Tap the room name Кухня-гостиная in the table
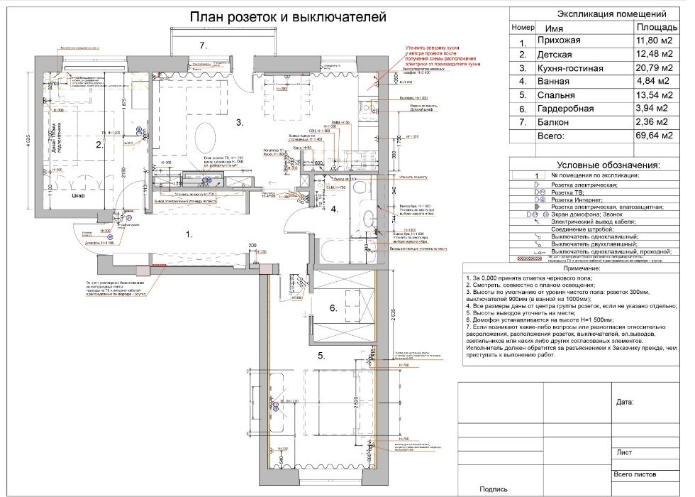[x=570, y=68]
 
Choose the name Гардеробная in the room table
[x=566, y=109]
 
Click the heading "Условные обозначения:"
[x=608, y=165]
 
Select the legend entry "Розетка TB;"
[x=573, y=192]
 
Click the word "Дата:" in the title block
[x=625, y=401]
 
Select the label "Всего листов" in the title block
[x=635, y=474]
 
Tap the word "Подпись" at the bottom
[x=494, y=488]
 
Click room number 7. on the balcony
[x=202, y=45]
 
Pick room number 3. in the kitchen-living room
[x=240, y=123]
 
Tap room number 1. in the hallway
[x=189, y=233]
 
